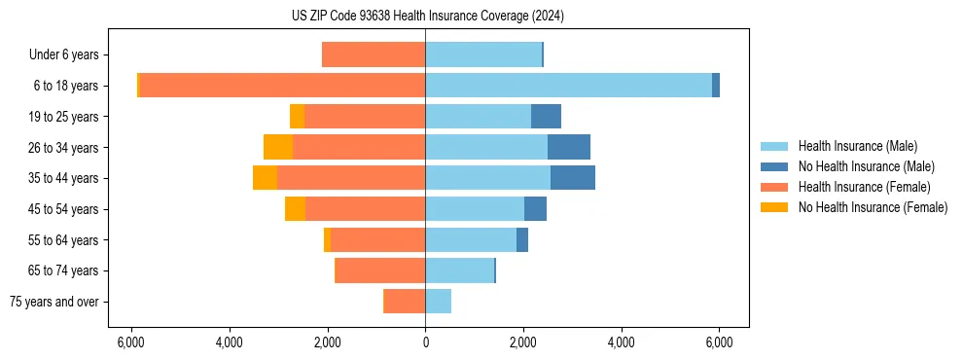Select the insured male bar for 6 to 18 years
pos(568,86)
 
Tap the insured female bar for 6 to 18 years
pos(282,86)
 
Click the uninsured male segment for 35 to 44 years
pos(573,178)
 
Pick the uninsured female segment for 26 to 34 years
pos(278,148)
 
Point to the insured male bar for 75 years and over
pos(438,302)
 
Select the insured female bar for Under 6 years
pos(374,55)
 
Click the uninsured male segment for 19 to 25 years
pos(546,117)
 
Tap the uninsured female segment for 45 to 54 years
pos(295,209)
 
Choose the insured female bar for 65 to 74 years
pos(380,270)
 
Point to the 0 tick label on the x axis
pos(425,342)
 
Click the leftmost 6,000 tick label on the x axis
pos(131,342)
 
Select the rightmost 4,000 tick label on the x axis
pos(621,342)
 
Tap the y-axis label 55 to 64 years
pos(65,240)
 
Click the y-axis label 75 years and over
pos(54,302)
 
